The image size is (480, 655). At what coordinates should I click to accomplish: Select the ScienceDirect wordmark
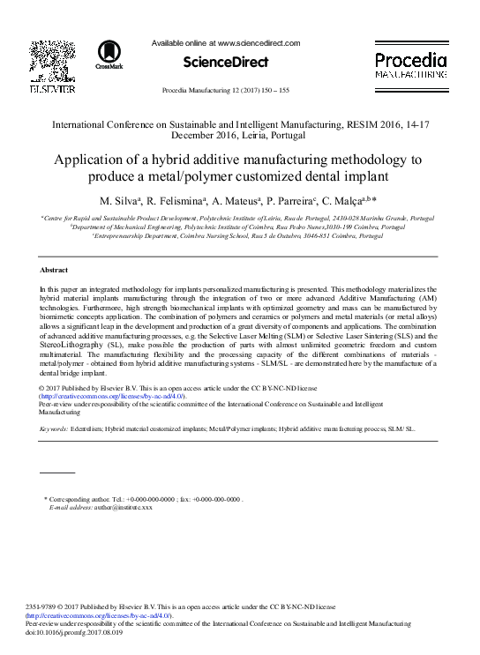coord(226,63)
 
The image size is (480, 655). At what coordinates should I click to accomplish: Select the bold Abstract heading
coord(56,269)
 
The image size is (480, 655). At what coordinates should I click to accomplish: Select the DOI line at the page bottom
coord(73,631)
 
